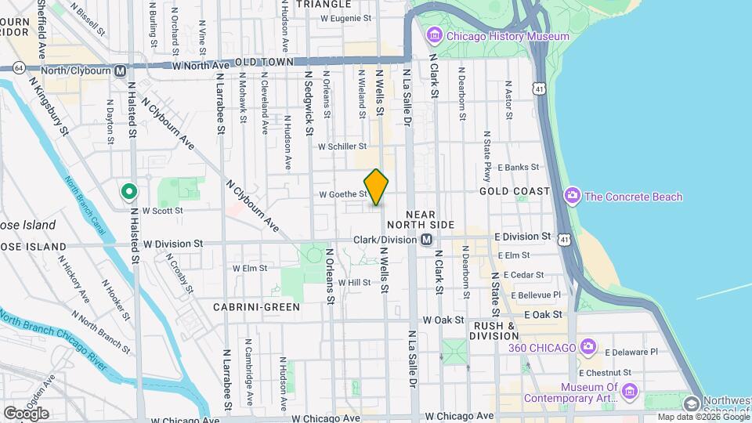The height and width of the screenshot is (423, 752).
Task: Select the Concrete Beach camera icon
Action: (573, 196)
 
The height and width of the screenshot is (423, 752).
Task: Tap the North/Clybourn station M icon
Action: (120, 70)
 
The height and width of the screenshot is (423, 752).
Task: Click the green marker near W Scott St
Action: (128, 191)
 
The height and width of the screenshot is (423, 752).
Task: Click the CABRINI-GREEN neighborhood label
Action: (256, 307)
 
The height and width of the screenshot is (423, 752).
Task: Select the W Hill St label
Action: (354, 282)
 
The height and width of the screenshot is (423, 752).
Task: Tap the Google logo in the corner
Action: (26, 413)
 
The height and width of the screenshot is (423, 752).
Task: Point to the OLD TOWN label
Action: (264, 61)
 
